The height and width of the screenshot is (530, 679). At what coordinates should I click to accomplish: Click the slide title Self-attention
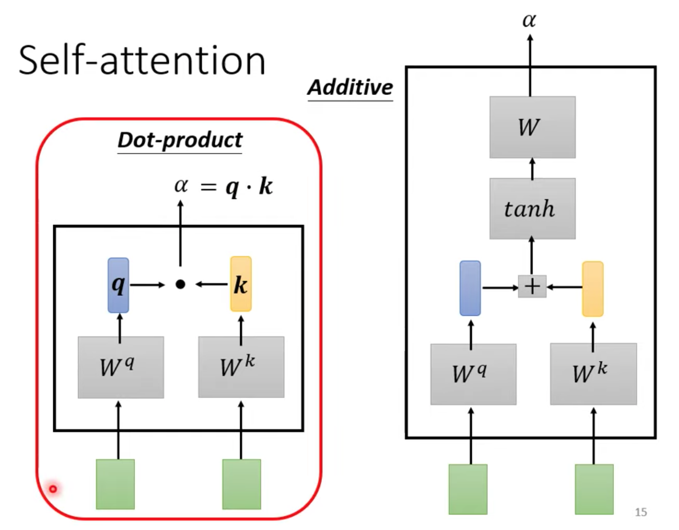[x=142, y=61]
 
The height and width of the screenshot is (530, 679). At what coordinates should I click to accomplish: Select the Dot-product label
[x=179, y=140]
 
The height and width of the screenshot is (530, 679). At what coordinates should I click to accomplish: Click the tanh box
[x=532, y=208]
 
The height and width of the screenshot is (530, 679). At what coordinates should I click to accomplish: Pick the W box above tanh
[x=532, y=127]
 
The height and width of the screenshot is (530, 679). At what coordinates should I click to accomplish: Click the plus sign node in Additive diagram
[x=532, y=286]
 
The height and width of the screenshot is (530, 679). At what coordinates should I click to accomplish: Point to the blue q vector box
[x=118, y=285]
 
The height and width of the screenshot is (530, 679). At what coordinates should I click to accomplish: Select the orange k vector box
[x=241, y=284]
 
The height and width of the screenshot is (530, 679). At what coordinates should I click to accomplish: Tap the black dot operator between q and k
[x=180, y=284]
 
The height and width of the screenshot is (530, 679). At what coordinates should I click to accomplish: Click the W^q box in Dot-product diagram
[x=121, y=367]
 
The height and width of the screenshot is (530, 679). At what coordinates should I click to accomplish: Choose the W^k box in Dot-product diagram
[x=241, y=367]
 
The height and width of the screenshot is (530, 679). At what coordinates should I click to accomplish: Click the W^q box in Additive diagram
[x=473, y=374]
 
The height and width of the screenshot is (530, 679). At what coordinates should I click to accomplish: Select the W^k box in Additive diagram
[x=593, y=374]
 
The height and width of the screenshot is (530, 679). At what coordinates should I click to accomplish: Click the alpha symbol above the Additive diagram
[x=529, y=20]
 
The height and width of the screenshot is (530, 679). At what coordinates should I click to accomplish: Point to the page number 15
[x=641, y=512]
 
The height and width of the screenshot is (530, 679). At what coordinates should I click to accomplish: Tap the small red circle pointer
[x=53, y=489]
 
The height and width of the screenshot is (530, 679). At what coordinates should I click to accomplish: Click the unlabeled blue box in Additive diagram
[x=470, y=288]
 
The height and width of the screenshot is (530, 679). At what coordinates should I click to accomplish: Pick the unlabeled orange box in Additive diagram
[x=593, y=289]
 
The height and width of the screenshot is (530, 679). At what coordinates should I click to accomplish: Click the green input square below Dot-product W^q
[x=115, y=484]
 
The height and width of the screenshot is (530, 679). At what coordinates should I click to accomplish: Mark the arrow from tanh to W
[x=532, y=168]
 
